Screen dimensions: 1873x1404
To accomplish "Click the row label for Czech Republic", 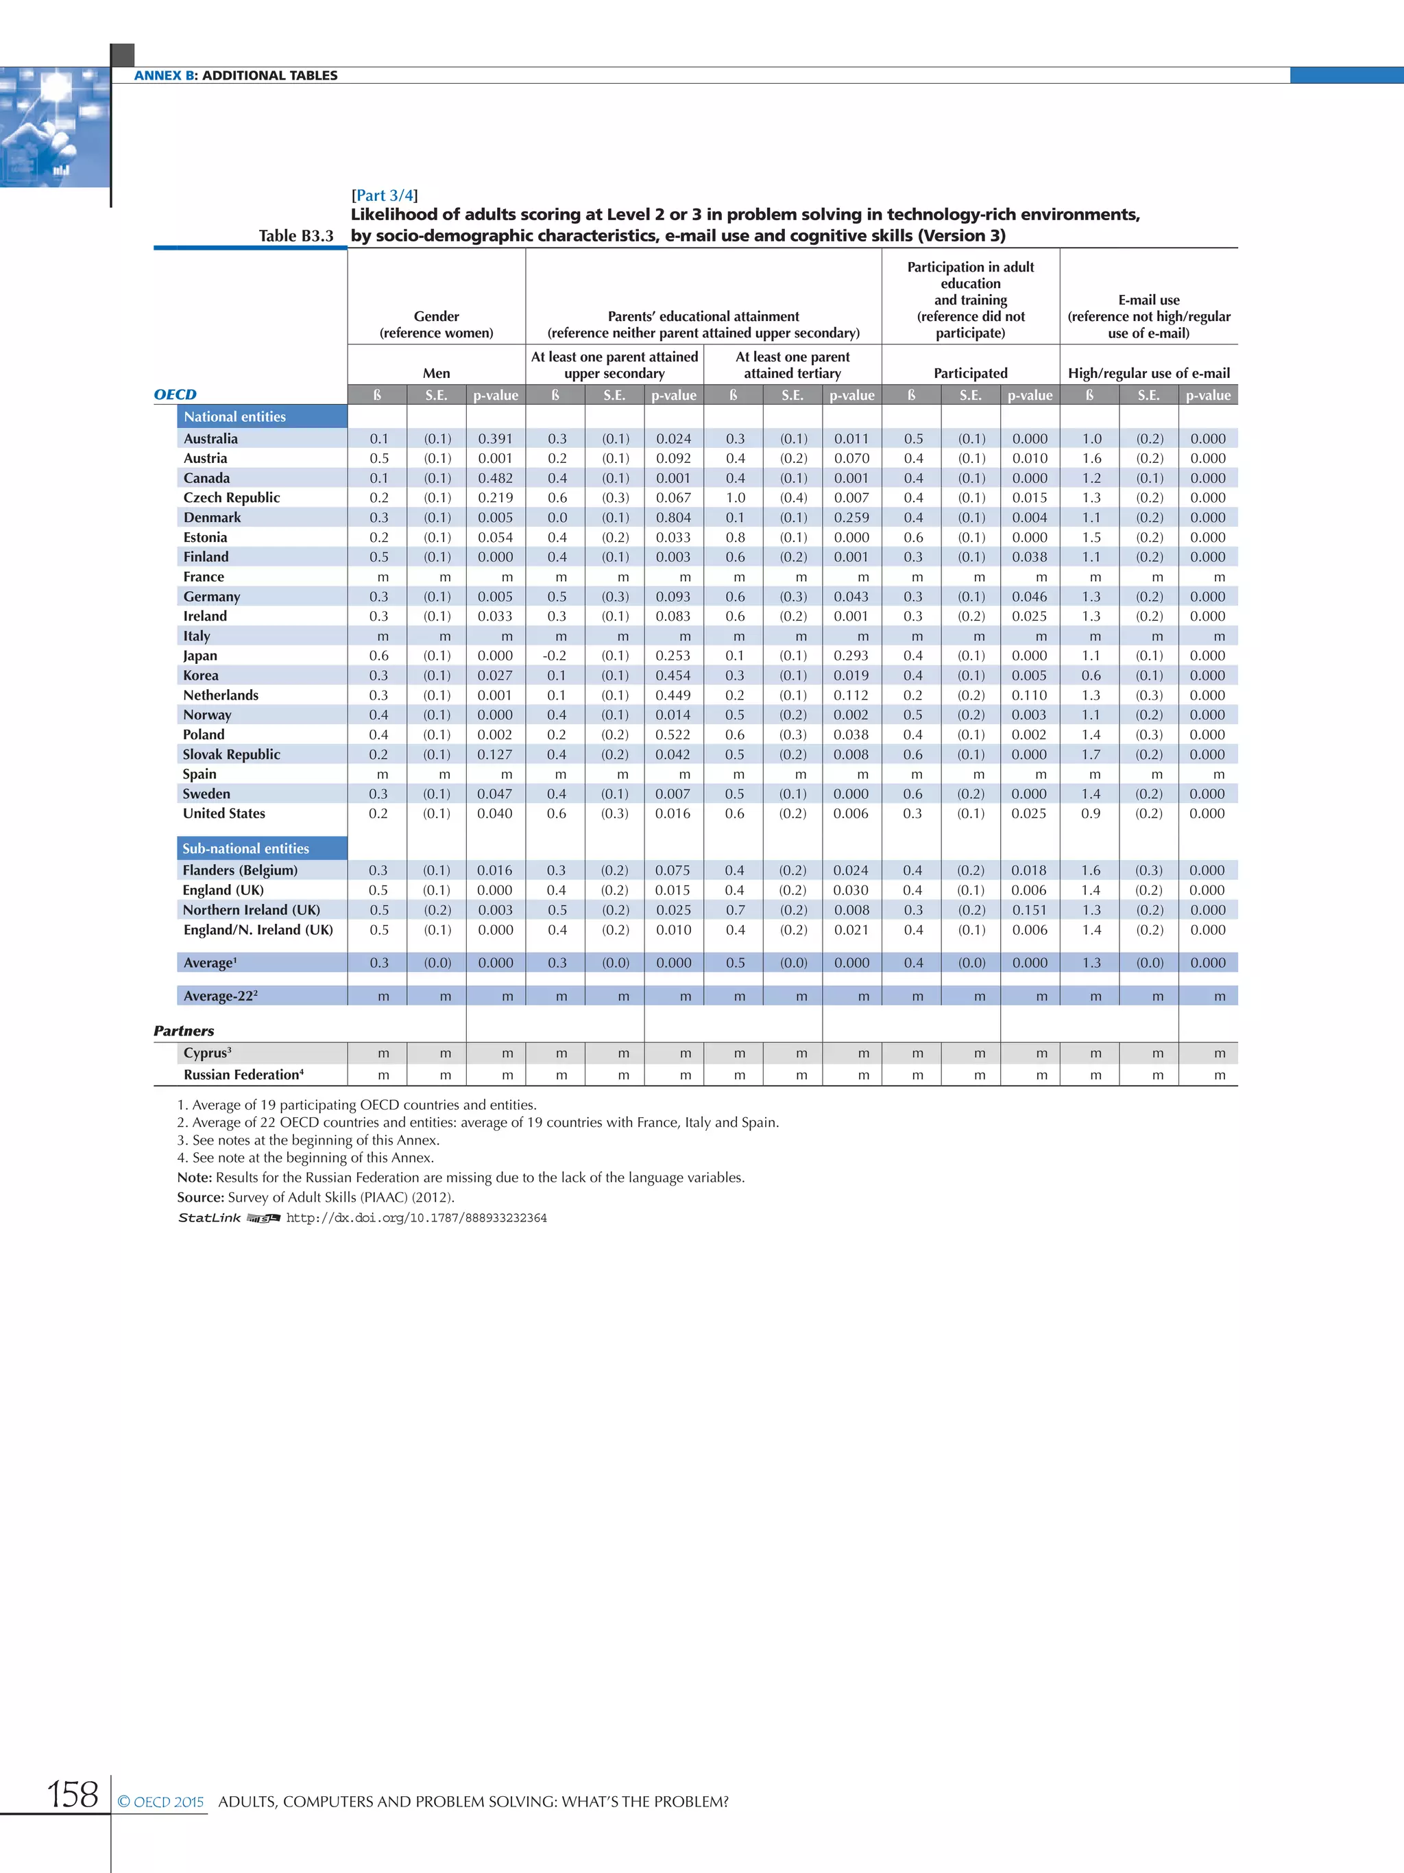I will click(x=231, y=498).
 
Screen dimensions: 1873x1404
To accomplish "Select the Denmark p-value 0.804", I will click(x=673, y=517).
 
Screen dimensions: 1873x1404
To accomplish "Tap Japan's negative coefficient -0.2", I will click(x=555, y=656).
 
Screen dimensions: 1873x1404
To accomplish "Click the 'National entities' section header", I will click(x=234, y=416).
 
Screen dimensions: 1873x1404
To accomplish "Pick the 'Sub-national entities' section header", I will click(x=245, y=848).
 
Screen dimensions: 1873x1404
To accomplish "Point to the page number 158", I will click(x=73, y=1794).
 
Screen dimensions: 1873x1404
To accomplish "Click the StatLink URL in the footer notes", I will click(x=415, y=1217).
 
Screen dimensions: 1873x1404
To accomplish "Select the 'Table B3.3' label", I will click(x=295, y=235).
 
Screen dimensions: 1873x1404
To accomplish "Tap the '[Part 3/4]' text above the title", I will click(x=384, y=195).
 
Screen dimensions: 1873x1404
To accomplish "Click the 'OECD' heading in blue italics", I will click(x=175, y=394).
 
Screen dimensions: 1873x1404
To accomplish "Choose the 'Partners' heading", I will click(x=184, y=1031).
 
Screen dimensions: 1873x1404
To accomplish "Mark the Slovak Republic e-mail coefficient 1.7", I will click(x=1091, y=754).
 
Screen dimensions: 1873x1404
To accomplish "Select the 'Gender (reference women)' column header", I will click(x=436, y=324).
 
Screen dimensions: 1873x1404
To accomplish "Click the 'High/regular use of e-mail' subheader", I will click(x=1148, y=372).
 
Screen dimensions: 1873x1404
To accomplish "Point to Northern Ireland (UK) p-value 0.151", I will click(x=1029, y=909).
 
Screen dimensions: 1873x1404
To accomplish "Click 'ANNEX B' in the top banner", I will click(x=164, y=75).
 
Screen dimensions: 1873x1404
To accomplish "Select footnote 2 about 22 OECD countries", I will click(x=477, y=1122).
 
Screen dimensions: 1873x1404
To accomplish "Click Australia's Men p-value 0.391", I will click(x=495, y=439).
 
